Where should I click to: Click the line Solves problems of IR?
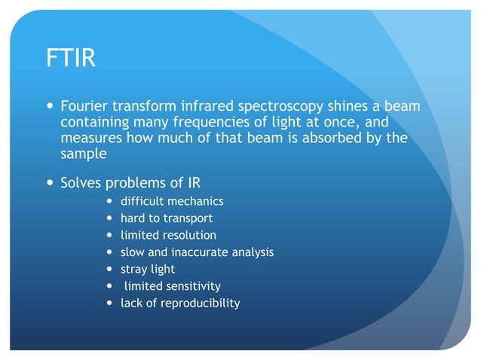coord(130,183)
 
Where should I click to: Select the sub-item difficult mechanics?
coord(172,201)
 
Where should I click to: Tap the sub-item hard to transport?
coord(167,218)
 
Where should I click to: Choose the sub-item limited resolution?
coord(168,235)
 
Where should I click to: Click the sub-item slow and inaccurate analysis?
coord(197,252)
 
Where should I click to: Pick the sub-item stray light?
coord(148,269)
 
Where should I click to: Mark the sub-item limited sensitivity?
coord(173,286)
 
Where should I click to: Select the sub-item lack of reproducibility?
coord(180,303)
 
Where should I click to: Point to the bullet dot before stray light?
coord(110,269)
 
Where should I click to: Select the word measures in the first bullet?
coord(87,138)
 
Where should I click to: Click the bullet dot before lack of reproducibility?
coord(110,303)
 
